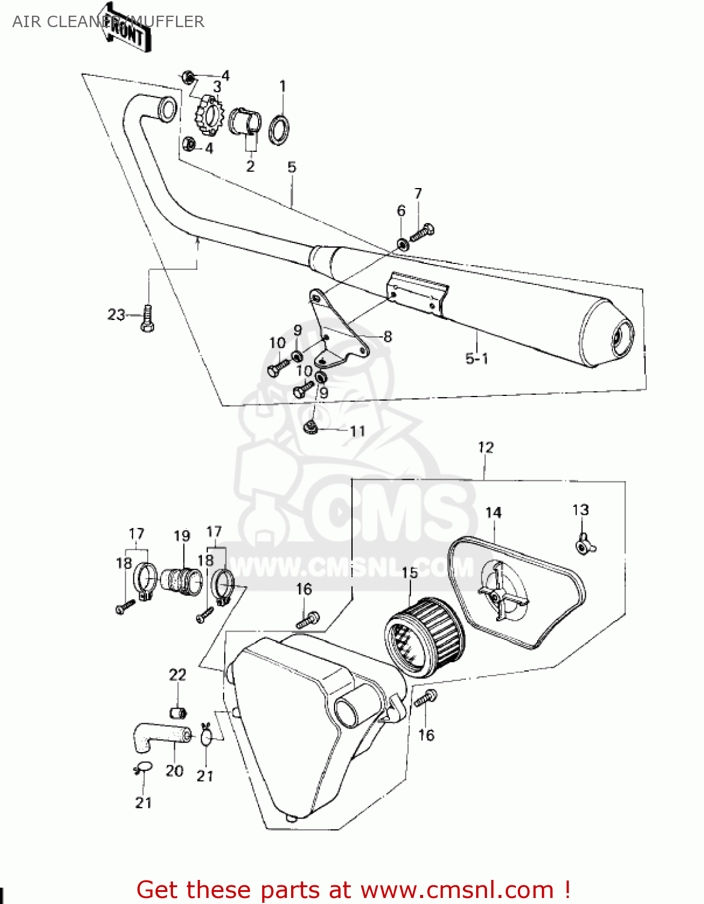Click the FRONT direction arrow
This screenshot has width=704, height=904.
tap(125, 27)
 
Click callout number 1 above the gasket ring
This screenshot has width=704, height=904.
tap(282, 86)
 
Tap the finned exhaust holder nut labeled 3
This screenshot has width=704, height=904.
tap(208, 115)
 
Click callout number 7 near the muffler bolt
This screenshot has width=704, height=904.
tap(418, 193)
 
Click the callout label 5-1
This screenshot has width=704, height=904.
tap(476, 359)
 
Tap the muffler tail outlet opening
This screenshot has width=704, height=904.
tap(621, 337)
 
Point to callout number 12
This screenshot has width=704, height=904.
tap(485, 447)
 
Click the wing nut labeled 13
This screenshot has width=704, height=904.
tap(583, 543)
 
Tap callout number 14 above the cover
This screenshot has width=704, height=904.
tap(493, 512)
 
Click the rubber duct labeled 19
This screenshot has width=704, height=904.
tap(183, 579)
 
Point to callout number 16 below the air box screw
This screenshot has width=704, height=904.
tap(426, 735)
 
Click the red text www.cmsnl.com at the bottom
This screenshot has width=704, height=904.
tap(457, 890)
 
